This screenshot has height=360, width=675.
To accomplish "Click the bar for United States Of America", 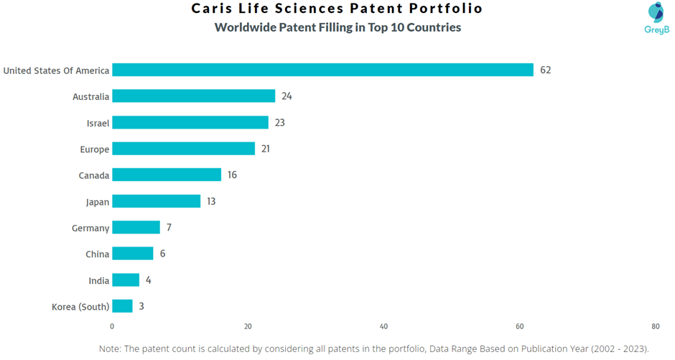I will tap(322, 70).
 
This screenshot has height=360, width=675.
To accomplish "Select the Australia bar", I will tap(194, 96).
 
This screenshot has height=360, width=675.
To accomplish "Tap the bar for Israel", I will tap(190, 123).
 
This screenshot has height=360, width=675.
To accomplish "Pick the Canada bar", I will tap(167, 175).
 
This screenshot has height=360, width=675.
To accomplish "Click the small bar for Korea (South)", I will tap(122, 306).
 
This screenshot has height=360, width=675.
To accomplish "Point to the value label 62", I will tap(546, 70).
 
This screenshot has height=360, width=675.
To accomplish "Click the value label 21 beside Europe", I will tap(266, 149).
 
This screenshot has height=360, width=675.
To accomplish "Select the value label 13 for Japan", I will tap(211, 201).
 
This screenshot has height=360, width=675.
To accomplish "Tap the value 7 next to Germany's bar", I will tap(169, 228).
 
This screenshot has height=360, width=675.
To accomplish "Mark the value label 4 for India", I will tap(149, 280).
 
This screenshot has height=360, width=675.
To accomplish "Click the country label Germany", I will tap(90, 229).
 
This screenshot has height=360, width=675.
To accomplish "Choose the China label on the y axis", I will tap(97, 254).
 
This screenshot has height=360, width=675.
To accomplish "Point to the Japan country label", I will tap(98, 202).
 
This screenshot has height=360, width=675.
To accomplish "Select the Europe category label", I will tap(94, 149).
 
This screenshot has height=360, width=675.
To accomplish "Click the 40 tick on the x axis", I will tap(384, 326).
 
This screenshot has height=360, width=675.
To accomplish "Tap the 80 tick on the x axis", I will tap(656, 326).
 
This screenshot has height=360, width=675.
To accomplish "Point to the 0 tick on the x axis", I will tap(112, 326).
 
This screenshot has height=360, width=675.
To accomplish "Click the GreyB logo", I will tap(656, 19).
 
